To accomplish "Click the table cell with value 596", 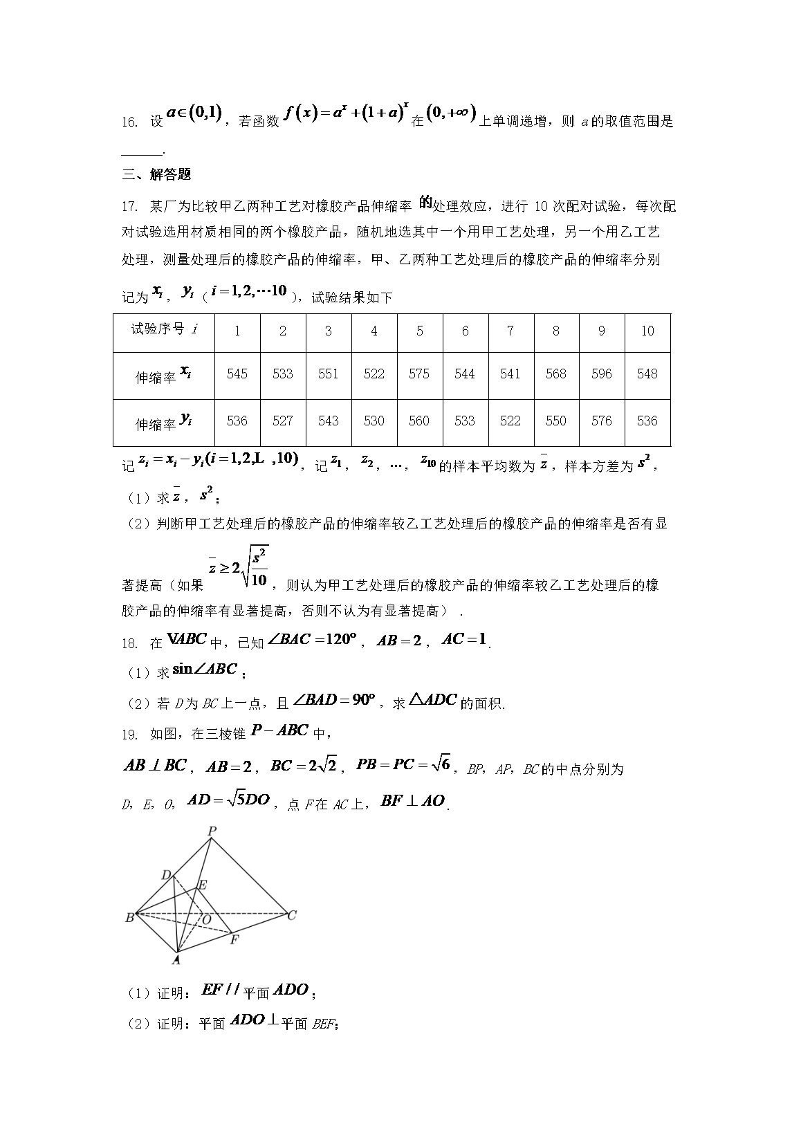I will [601, 374].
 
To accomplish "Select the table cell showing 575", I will [419, 374].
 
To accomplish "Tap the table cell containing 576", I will [601, 421].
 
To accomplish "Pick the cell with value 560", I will [419, 421].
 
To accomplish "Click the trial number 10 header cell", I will [647, 331].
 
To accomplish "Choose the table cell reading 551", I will [328, 374].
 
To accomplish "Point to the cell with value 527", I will [282, 421].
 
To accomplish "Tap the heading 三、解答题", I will [156, 175].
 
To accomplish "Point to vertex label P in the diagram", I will [212, 831].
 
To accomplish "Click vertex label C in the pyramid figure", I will [292, 915].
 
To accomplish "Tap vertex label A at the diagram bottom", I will [176, 959].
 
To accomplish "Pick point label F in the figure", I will [234, 939].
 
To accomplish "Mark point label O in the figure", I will [206, 919].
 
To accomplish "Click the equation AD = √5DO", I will [228, 800].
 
